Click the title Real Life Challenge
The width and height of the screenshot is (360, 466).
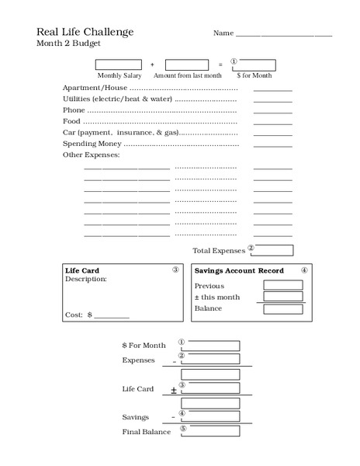[85, 32]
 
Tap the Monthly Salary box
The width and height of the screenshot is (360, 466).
[119, 64]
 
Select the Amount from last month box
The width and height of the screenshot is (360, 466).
[187, 64]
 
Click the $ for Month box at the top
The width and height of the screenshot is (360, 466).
[253, 64]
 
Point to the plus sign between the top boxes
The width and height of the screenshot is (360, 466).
[152, 65]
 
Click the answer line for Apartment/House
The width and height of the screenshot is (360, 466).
[272, 89]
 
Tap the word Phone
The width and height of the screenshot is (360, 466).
[74, 110]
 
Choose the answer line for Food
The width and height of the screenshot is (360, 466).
[272, 123]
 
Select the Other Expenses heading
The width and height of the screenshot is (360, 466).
[91, 155]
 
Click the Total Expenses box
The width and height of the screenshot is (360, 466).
[273, 250]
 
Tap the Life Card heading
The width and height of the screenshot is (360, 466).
[82, 271]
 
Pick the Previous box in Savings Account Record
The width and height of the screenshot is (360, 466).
[282, 285]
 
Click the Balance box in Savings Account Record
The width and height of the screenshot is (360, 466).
[282, 309]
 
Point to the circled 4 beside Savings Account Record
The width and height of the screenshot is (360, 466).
[304, 271]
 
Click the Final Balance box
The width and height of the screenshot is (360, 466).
[210, 431]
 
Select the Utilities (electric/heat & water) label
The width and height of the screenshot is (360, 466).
[117, 99]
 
